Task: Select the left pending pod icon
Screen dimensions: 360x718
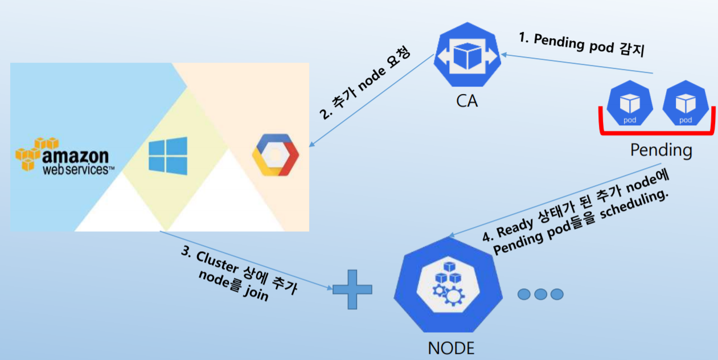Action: click(x=630, y=105)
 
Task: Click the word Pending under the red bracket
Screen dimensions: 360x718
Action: click(x=661, y=151)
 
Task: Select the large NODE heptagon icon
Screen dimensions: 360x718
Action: click(x=450, y=285)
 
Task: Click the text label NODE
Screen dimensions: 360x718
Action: click(x=450, y=347)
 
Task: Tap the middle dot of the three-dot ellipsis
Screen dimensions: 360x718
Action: click(x=540, y=294)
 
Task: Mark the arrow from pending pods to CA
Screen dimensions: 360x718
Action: click(x=575, y=63)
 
